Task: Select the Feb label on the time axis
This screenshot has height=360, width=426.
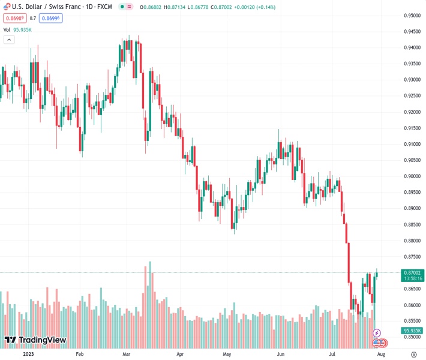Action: (79, 355)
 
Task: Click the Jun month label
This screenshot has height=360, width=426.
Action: (281, 355)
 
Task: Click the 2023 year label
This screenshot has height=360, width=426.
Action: (28, 355)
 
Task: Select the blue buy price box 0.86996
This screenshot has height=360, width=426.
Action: (50, 18)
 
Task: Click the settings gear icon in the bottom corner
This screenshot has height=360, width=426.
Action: (413, 355)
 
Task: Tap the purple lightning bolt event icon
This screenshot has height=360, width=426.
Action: (377, 332)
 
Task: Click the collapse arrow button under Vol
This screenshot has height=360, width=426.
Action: (9, 40)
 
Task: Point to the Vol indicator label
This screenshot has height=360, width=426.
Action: (7, 29)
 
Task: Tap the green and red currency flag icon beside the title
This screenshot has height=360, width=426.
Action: (5, 7)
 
